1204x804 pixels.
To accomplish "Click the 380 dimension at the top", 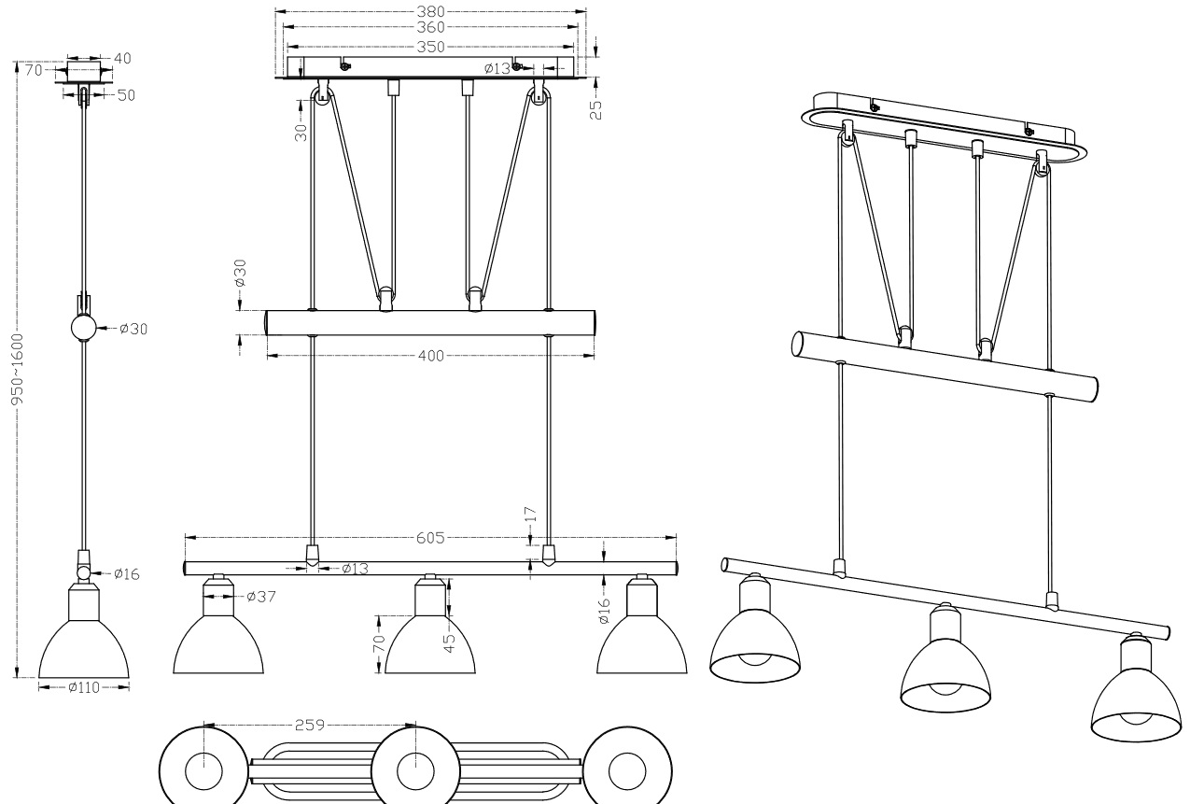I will click(432, 13).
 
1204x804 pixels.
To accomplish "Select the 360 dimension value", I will click(432, 28).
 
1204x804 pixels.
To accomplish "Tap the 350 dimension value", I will click(432, 47).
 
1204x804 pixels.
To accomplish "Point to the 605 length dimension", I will click(432, 538).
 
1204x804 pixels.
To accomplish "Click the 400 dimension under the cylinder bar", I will click(432, 355).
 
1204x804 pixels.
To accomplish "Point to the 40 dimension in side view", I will click(122, 58).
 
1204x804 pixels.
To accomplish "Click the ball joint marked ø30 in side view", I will click(84, 329).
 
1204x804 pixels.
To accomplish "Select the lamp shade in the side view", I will click(84, 644).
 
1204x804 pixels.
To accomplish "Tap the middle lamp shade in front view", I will click(430, 644).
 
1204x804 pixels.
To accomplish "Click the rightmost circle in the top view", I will click(626, 771).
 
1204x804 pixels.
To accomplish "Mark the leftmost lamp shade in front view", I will click(218, 644).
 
